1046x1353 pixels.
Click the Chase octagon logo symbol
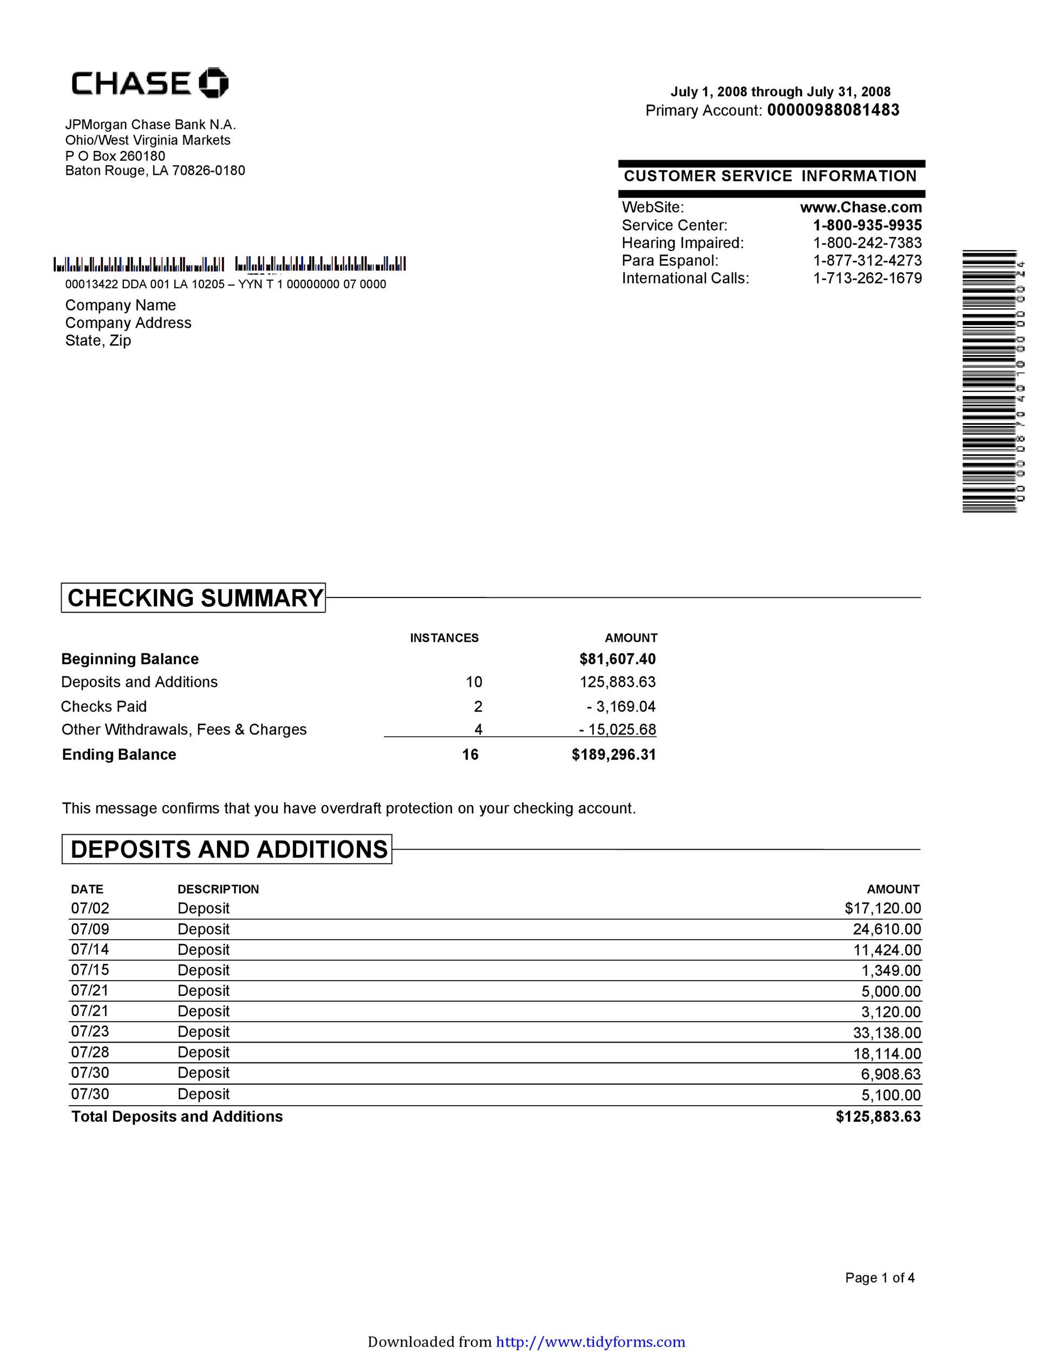click(213, 82)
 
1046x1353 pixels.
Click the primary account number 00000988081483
click(833, 110)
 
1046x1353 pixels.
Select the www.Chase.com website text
click(861, 207)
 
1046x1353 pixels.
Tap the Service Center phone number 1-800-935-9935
click(867, 225)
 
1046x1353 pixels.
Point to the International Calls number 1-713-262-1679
click(867, 278)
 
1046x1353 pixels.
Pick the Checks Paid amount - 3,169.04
click(621, 706)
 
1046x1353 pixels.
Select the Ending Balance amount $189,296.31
click(613, 754)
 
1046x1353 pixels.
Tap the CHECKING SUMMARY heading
click(194, 598)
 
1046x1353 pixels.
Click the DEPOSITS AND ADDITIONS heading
click(228, 849)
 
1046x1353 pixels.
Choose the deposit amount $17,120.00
click(882, 908)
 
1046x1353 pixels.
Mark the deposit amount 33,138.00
click(887, 1033)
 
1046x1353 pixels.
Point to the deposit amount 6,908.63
click(891, 1074)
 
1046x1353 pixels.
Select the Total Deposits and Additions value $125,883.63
click(878, 1116)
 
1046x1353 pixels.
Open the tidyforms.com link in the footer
click(591, 1342)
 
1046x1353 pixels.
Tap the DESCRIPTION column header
click(218, 889)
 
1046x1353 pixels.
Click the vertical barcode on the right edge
click(990, 381)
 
